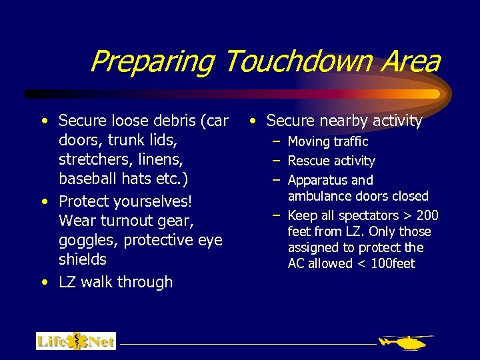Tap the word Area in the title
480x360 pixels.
click(412, 62)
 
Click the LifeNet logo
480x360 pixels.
click(76, 341)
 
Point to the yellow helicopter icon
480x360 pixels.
click(405, 342)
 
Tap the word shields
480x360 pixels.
click(83, 259)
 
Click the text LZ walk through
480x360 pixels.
click(115, 282)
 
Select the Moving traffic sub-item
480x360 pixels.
click(327, 141)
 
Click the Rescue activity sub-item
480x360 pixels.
click(331, 161)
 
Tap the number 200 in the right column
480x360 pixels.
click(427, 215)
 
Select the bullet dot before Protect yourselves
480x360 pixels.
click(43, 202)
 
